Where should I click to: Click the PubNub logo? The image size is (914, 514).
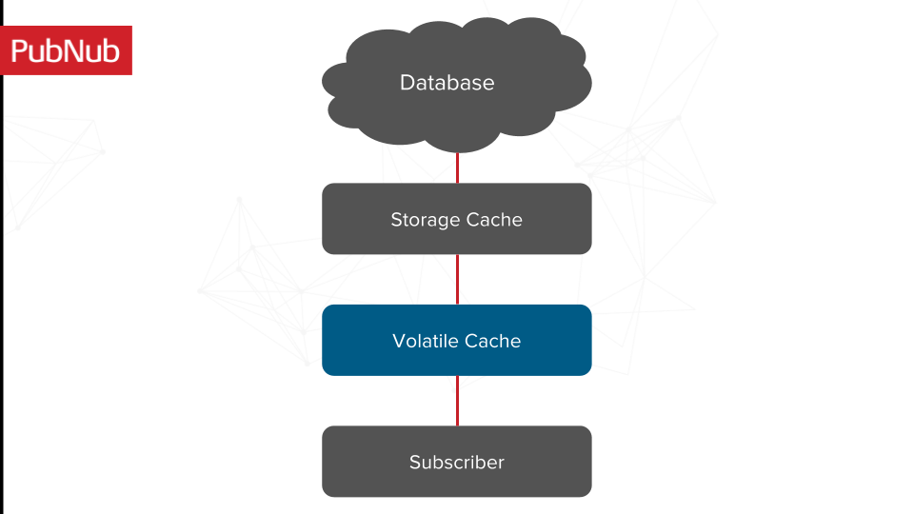click(67, 50)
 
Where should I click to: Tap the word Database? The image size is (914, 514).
click(447, 83)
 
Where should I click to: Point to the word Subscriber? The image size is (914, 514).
click(457, 463)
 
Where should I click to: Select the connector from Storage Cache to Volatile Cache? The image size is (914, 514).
click(458, 279)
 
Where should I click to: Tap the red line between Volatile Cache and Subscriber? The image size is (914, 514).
click(458, 401)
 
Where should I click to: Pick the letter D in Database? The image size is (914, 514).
click(407, 83)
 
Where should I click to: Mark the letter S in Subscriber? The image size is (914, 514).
click(415, 463)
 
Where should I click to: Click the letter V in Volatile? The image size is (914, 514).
click(399, 341)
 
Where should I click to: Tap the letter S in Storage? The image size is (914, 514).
click(396, 220)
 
